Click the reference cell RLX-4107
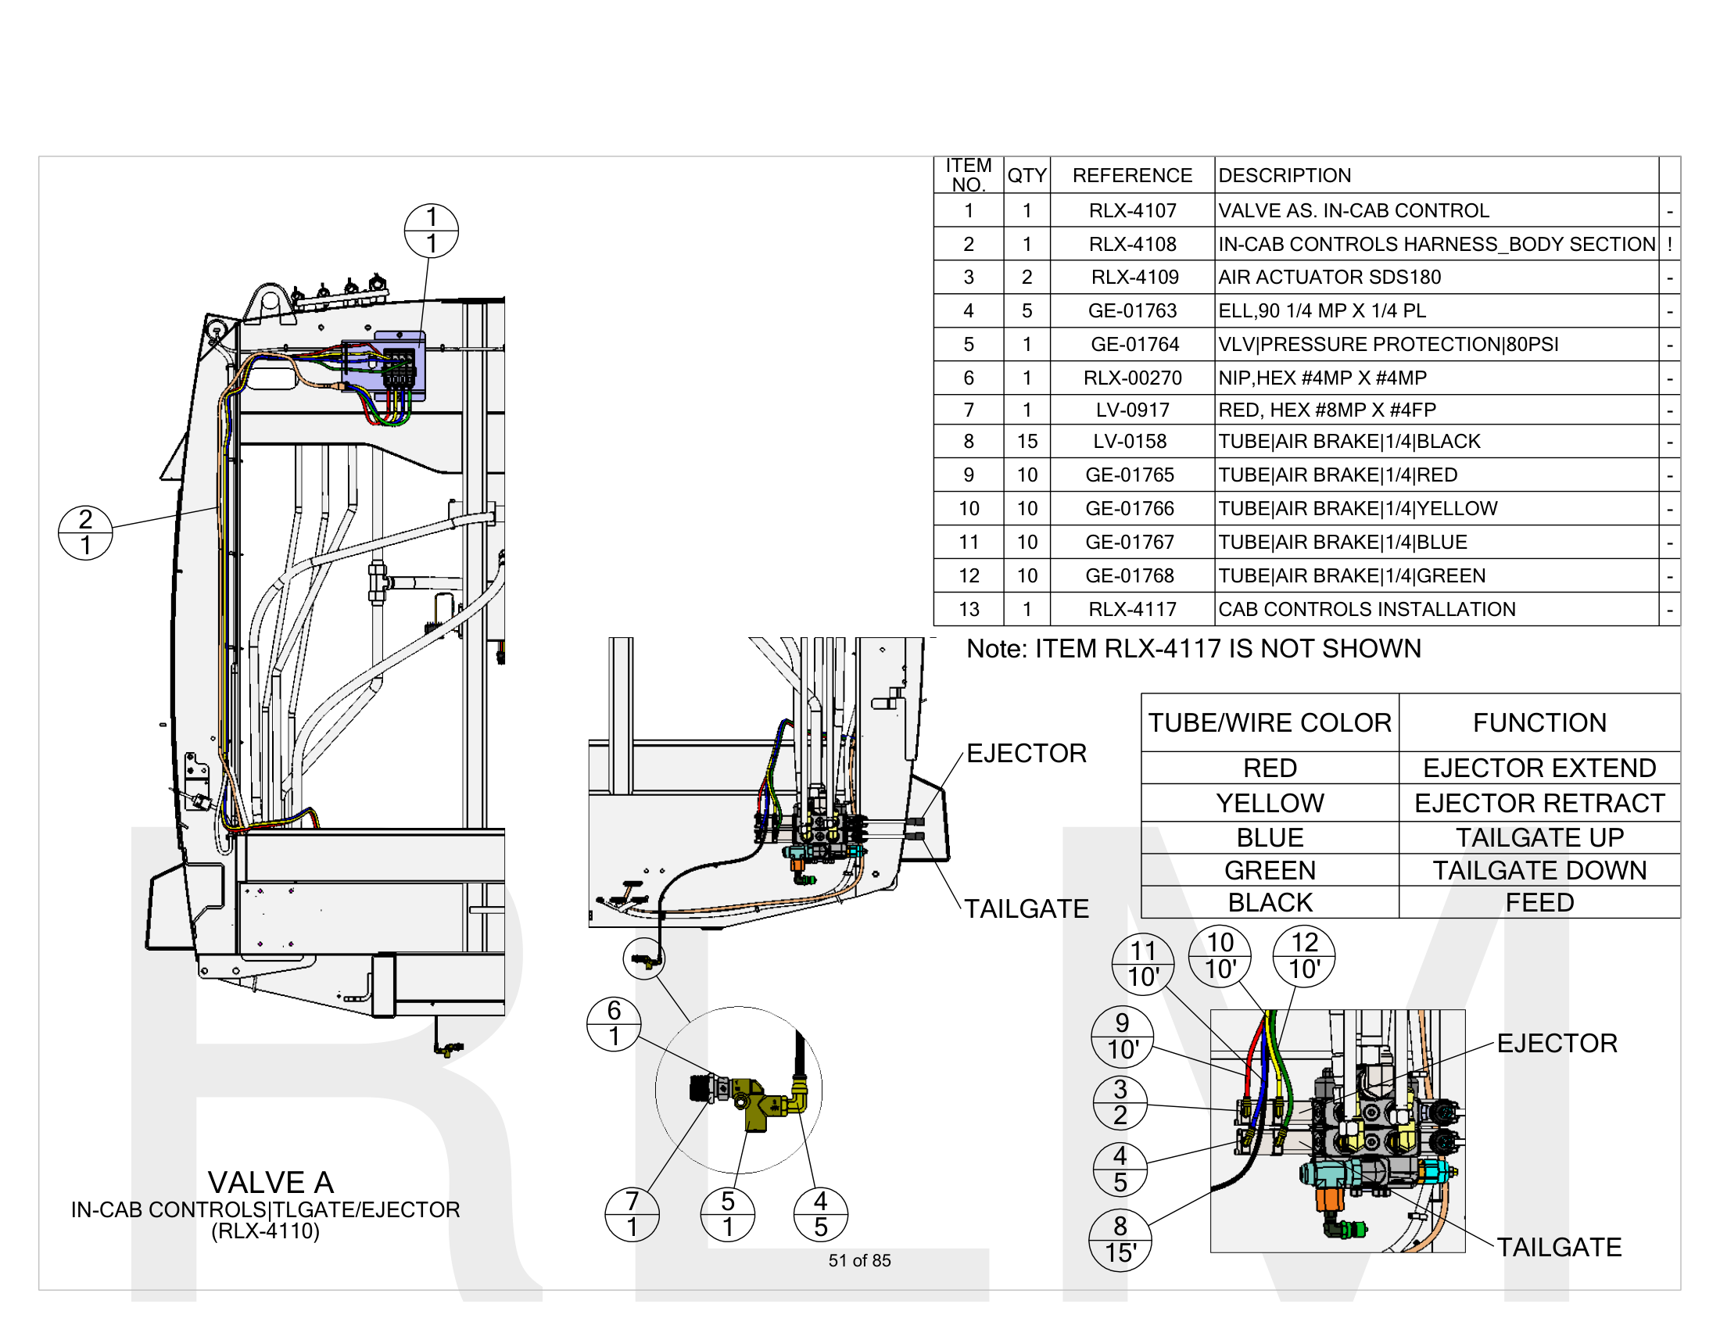pyautogui.click(x=1132, y=210)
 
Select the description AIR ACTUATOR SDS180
pyautogui.click(x=1328, y=278)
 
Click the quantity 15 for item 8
pyautogui.click(x=1027, y=441)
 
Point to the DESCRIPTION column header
pyautogui.click(x=1284, y=175)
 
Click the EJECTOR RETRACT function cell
pyautogui.click(x=1539, y=802)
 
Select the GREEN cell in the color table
pyautogui.click(x=1269, y=869)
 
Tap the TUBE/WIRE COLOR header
pyautogui.click(x=1269, y=722)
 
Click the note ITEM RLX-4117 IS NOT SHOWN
pyautogui.click(x=1193, y=648)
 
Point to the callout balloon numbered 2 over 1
pyautogui.click(x=85, y=532)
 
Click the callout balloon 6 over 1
pyautogui.click(x=614, y=1023)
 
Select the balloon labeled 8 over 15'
pyautogui.click(x=1119, y=1239)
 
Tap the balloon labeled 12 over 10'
pyautogui.click(x=1303, y=955)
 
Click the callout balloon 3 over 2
pyautogui.click(x=1119, y=1102)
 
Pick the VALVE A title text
pyautogui.click(x=271, y=1182)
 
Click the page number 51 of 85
pyautogui.click(x=859, y=1259)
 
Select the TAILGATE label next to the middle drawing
pyautogui.click(x=1027, y=908)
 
